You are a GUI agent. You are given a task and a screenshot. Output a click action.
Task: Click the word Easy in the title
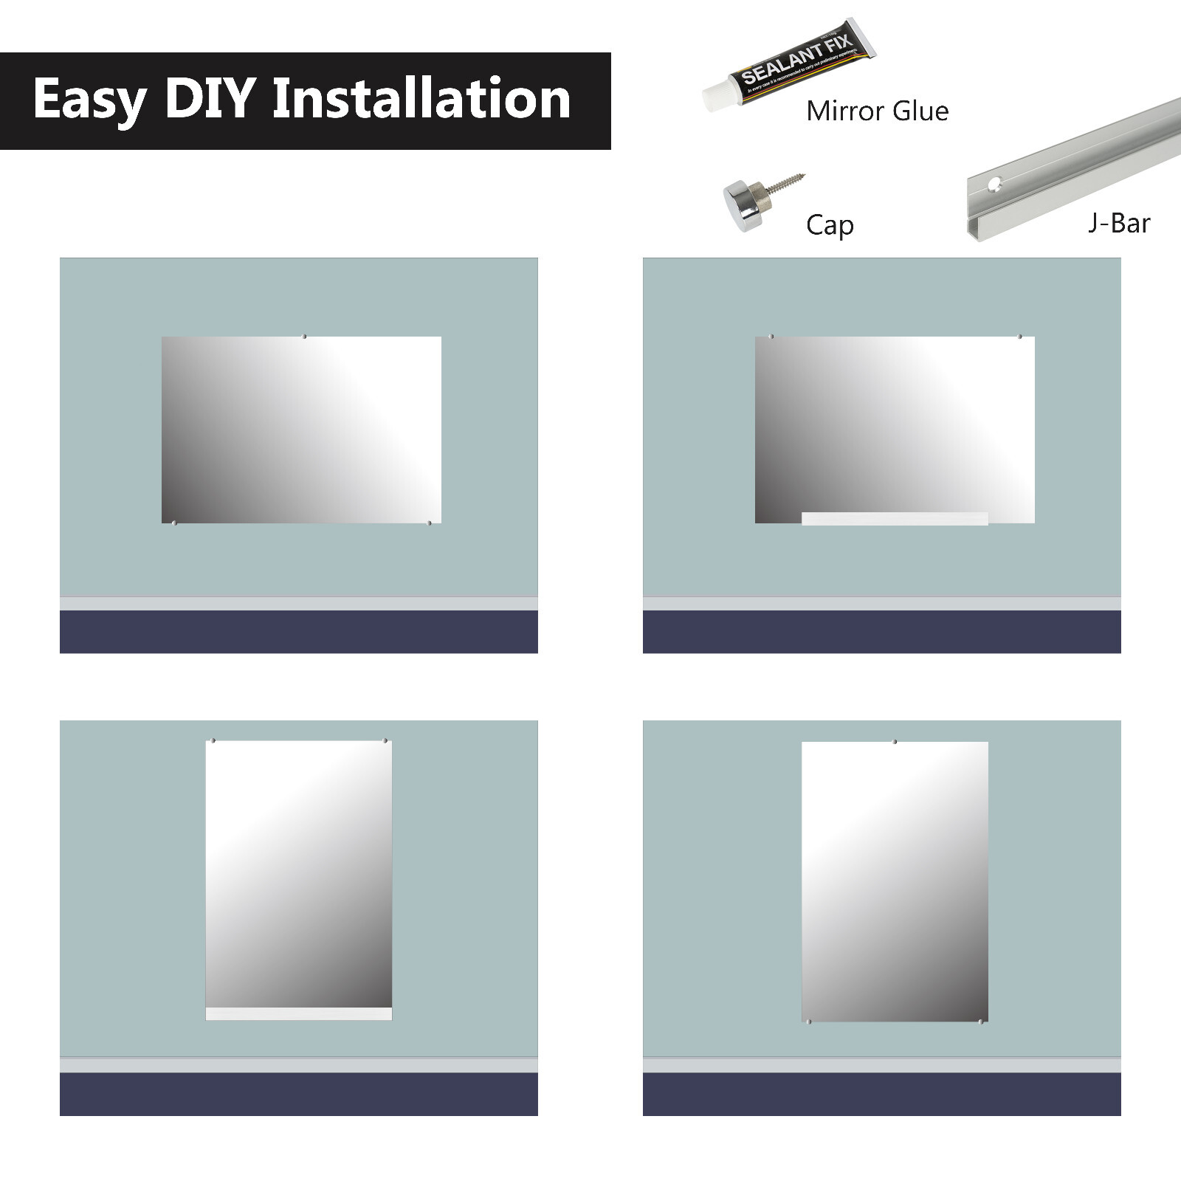[89, 100]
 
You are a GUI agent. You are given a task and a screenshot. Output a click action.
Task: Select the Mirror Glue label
[877, 111]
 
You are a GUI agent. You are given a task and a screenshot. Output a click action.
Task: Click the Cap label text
[830, 224]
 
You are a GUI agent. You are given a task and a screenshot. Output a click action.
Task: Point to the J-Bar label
[1119, 223]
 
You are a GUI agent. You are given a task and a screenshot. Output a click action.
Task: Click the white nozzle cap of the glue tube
[716, 97]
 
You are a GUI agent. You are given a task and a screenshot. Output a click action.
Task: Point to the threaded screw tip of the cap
[790, 181]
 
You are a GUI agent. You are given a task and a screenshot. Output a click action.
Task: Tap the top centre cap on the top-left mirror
[304, 337]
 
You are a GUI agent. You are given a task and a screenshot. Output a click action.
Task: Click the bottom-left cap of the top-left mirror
[174, 523]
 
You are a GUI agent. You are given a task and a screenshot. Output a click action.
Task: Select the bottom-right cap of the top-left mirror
[430, 523]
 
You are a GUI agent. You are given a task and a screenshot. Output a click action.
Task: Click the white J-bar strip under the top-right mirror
[895, 519]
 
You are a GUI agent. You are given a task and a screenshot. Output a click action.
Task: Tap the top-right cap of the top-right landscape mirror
[1020, 337]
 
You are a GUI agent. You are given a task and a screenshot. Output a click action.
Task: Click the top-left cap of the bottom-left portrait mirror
[213, 740]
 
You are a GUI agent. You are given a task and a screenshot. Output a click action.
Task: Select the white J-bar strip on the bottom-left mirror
[298, 1013]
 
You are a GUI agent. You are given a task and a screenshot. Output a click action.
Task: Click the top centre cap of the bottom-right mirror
[895, 741]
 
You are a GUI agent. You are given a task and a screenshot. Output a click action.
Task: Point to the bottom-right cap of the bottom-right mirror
[980, 1022]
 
